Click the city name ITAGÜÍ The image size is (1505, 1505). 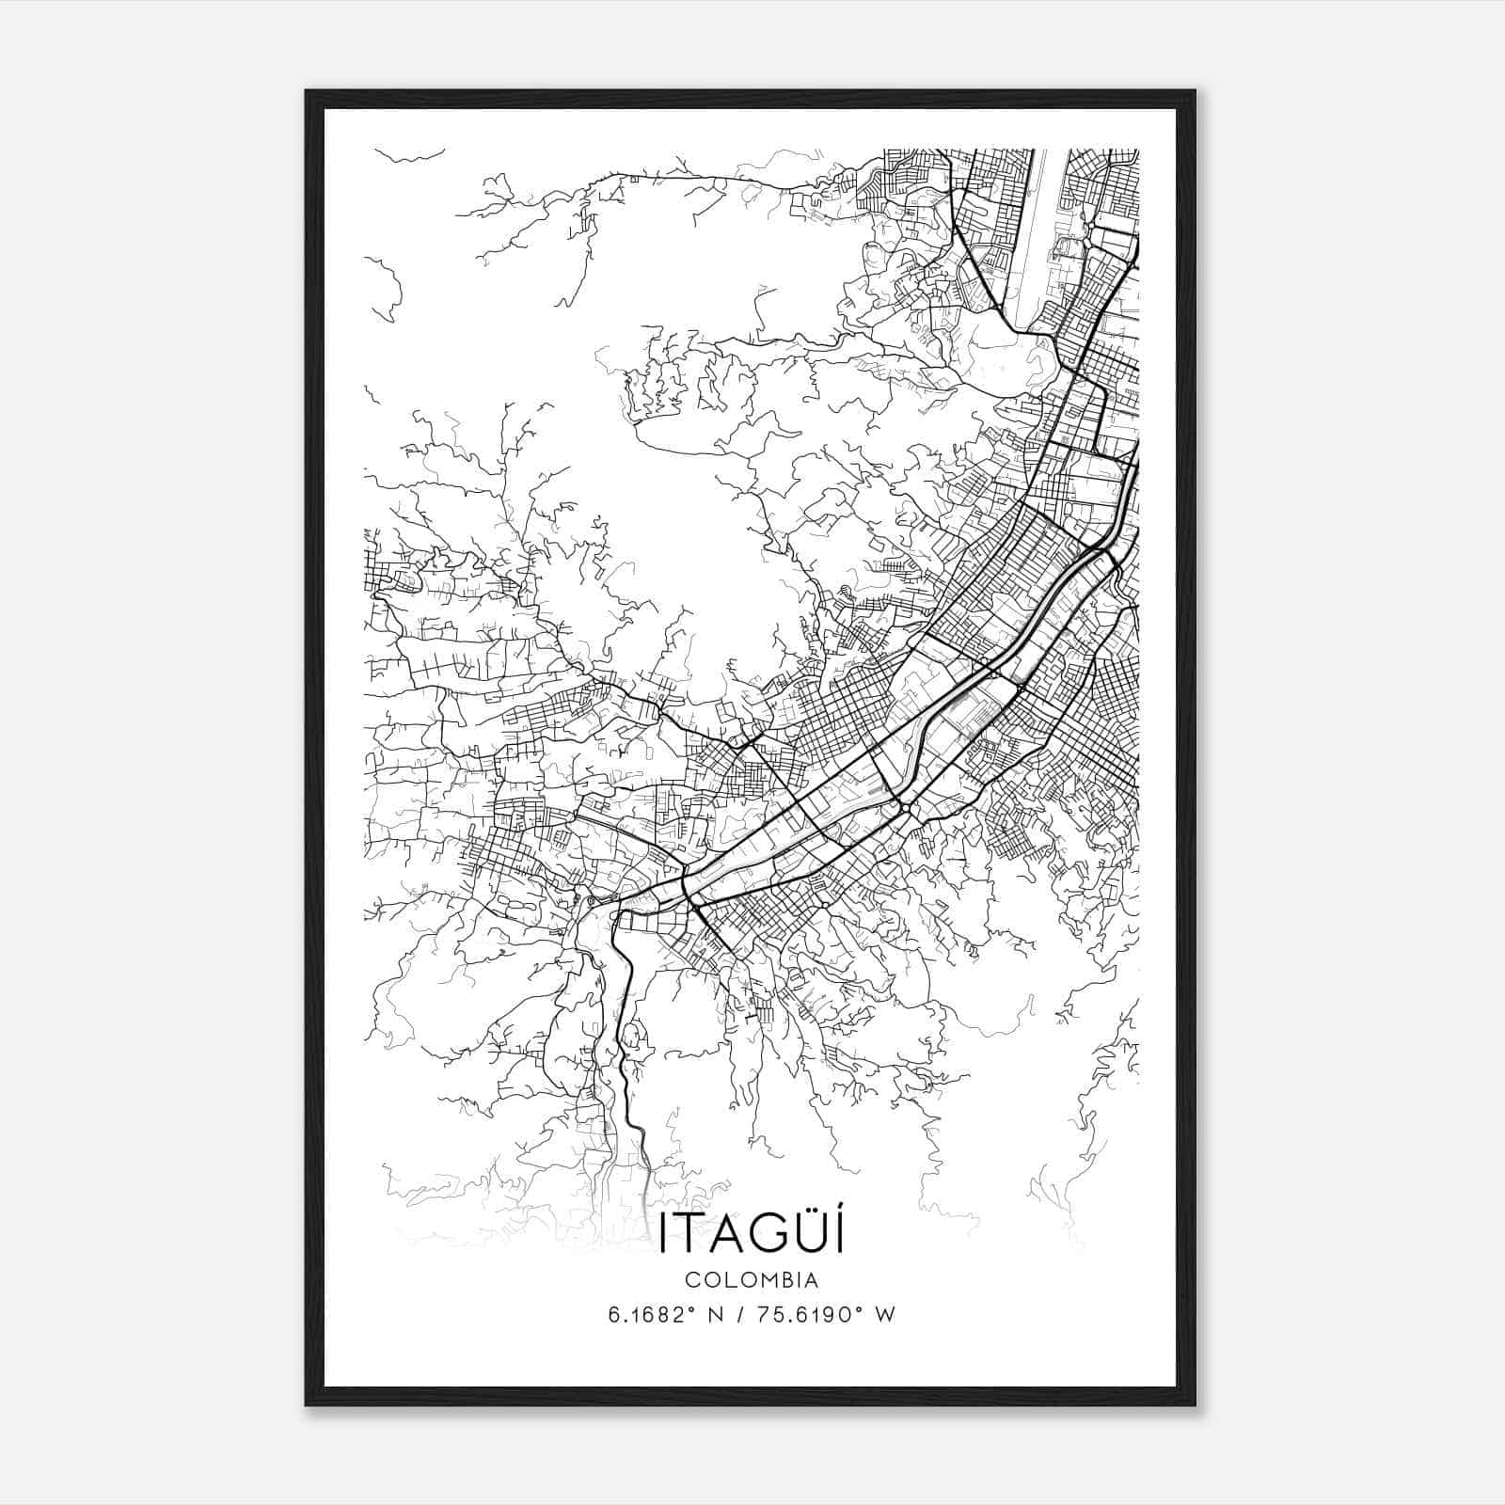pos(751,1233)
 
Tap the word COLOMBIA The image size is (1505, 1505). pos(751,1280)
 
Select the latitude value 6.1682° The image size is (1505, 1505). pos(651,1315)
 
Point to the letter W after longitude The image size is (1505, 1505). pos(884,1315)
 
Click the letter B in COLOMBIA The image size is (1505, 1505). pos(784,1280)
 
